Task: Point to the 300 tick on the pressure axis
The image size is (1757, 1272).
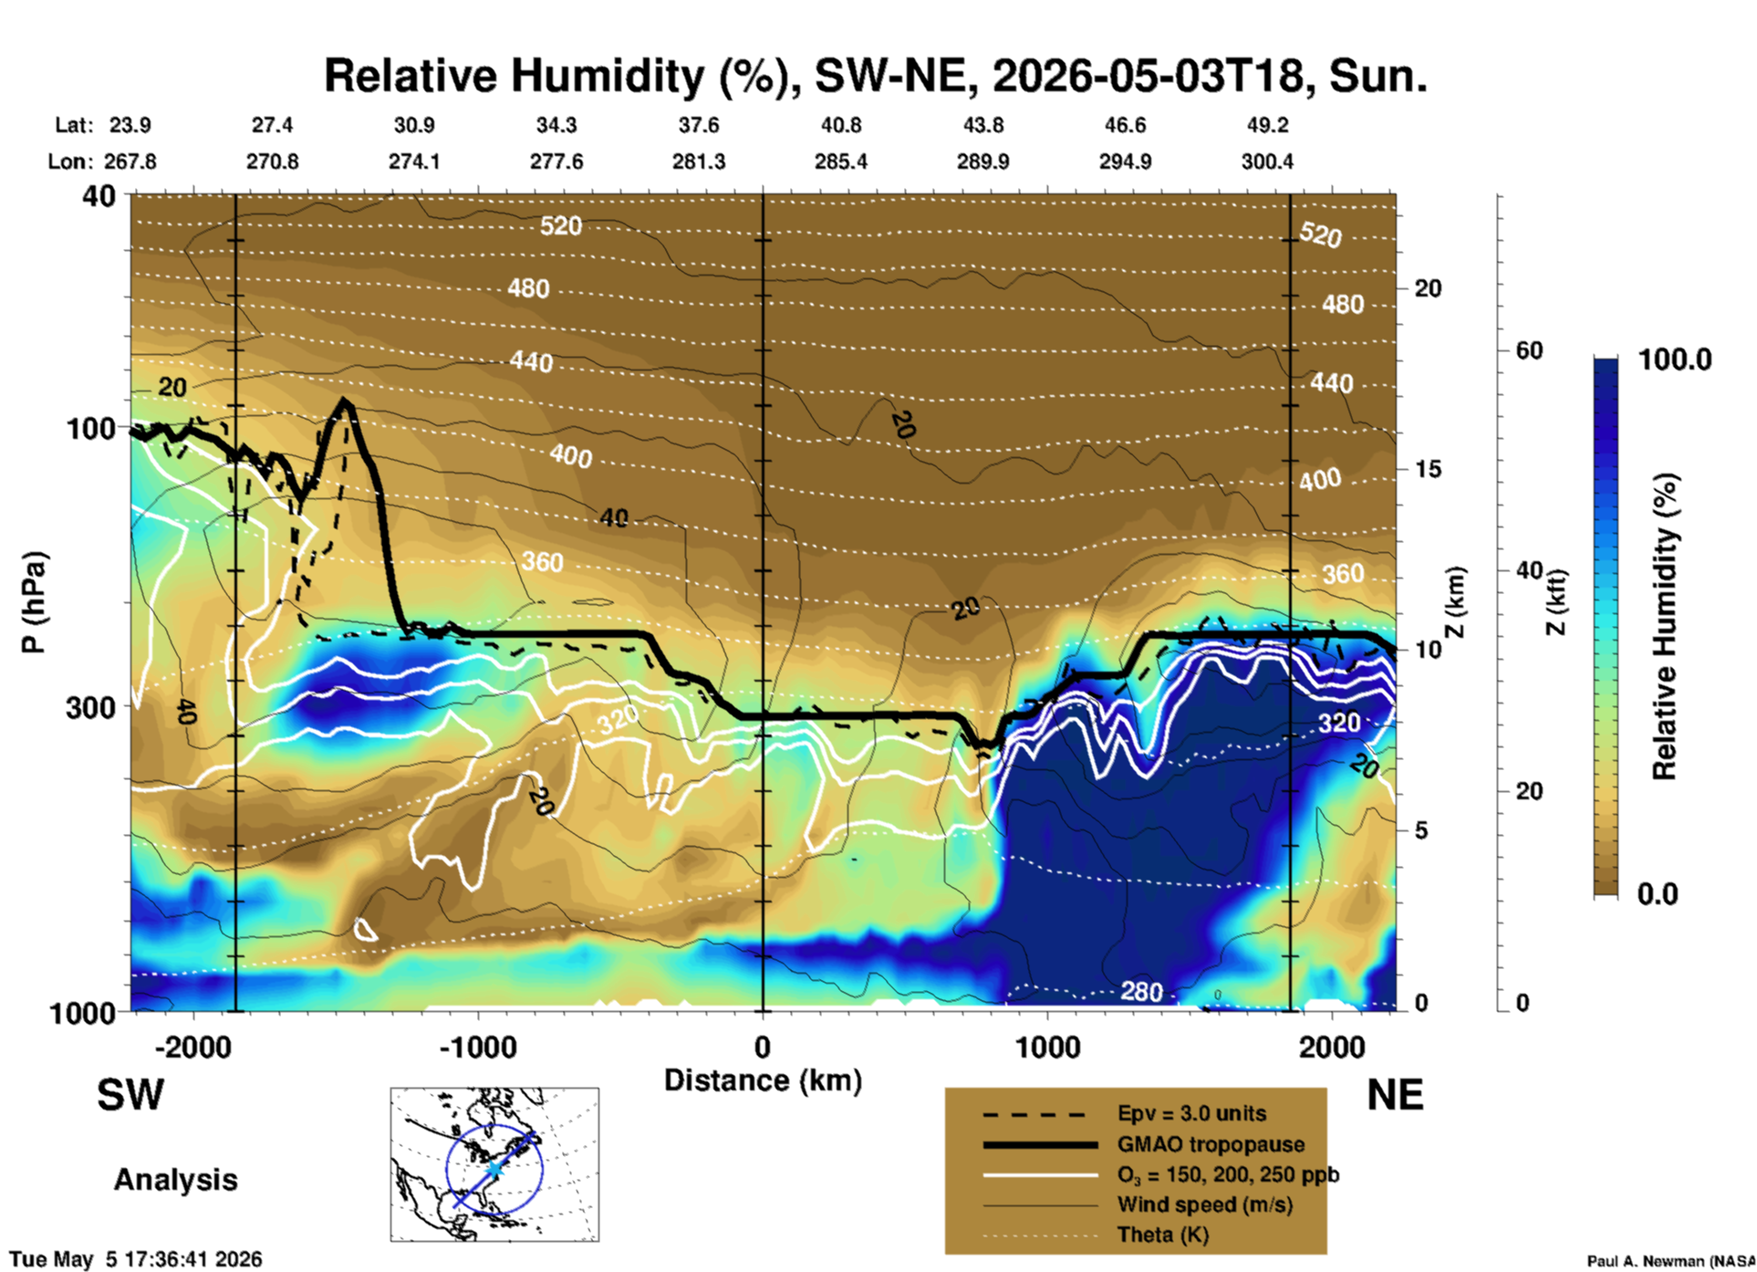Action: click(91, 708)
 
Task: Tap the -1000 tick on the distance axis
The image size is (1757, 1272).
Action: click(478, 1047)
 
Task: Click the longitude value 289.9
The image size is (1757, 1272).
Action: click(982, 162)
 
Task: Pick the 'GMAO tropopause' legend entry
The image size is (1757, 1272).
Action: click(1211, 1144)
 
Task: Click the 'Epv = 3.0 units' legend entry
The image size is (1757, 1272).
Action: click(1191, 1113)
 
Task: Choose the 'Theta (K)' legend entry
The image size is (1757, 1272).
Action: click(1163, 1235)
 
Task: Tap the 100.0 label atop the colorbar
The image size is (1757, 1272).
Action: click(1675, 360)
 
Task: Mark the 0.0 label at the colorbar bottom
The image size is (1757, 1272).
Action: click(1658, 893)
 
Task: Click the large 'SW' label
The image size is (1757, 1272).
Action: click(130, 1095)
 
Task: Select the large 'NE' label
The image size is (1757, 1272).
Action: click(1395, 1095)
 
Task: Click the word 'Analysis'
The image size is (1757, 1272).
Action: click(175, 1180)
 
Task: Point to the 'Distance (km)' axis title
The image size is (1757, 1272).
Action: click(763, 1080)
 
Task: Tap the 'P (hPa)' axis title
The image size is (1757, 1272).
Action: click(33, 602)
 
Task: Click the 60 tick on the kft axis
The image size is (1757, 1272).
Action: click(1529, 350)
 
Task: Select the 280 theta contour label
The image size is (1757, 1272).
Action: click(1141, 991)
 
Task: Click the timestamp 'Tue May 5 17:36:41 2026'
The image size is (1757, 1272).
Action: click(136, 1259)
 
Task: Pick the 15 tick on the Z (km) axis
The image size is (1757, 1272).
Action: click(1428, 469)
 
